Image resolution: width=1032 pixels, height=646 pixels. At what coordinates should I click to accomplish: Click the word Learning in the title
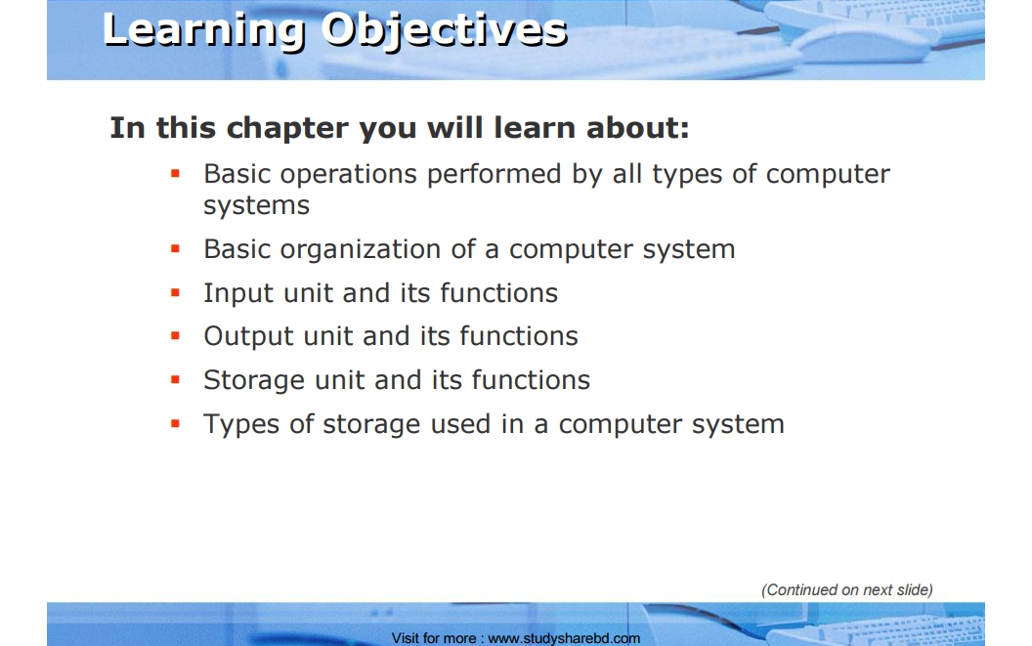pyautogui.click(x=204, y=31)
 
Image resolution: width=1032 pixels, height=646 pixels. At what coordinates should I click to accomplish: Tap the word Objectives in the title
pyautogui.click(x=445, y=31)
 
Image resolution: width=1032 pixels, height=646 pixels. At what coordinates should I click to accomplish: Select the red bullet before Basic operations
pyautogui.click(x=175, y=174)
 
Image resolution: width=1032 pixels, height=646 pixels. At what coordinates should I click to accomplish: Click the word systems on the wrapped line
pyautogui.click(x=256, y=205)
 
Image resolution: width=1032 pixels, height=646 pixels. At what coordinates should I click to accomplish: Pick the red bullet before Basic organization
pyautogui.click(x=175, y=249)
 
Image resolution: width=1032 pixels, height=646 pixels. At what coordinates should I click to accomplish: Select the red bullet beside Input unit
pyautogui.click(x=175, y=292)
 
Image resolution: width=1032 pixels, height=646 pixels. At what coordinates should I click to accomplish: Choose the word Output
pyautogui.click(x=248, y=336)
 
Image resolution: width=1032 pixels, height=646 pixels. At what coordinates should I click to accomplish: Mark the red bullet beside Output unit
pyautogui.click(x=175, y=336)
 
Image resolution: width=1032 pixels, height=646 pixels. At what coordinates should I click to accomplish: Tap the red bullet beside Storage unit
pyautogui.click(x=175, y=379)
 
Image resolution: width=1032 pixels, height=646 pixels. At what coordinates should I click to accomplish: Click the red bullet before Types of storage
pyautogui.click(x=175, y=423)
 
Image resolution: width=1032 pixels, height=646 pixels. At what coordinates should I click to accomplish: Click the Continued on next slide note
pyautogui.click(x=847, y=590)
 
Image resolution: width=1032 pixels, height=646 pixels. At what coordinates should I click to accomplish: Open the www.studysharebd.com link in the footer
pyautogui.click(x=564, y=638)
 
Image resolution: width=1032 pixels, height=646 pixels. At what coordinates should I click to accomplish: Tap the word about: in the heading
pyautogui.click(x=638, y=128)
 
